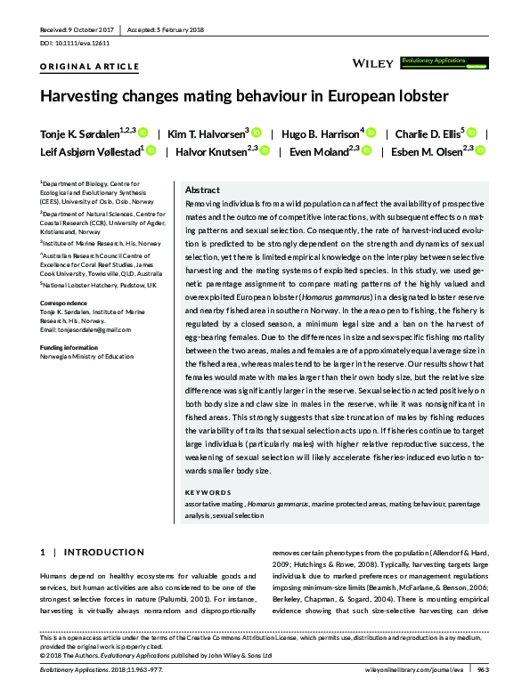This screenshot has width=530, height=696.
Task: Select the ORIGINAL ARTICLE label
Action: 90,67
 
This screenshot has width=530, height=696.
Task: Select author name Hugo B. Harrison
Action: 322,133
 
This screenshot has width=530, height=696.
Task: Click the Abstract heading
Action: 202,190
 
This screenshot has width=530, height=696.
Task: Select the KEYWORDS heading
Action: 208,492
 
